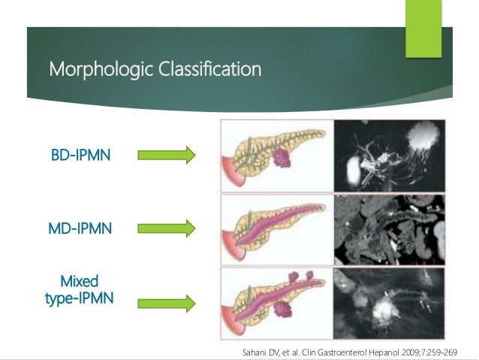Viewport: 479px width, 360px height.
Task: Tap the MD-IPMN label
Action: click(x=80, y=227)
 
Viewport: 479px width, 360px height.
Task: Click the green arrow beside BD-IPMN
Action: click(x=166, y=156)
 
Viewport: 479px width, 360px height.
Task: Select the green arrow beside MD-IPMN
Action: click(x=166, y=227)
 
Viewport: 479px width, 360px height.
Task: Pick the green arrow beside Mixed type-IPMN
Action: click(x=166, y=303)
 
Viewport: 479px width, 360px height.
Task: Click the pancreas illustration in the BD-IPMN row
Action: click(x=274, y=156)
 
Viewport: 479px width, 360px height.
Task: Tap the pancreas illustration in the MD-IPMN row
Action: click(x=274, y=228)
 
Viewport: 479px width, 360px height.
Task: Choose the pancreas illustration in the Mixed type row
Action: click(x=274, y=303)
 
